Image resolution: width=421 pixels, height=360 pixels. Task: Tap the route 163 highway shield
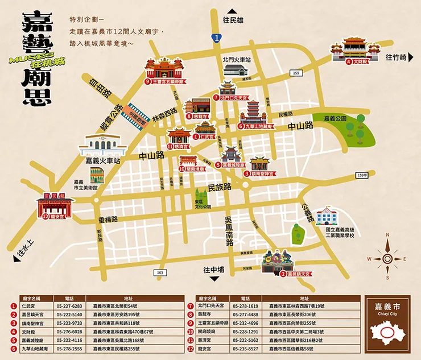click(x=161, y=273)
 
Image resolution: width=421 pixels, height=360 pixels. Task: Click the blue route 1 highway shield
click(x=217, y=38)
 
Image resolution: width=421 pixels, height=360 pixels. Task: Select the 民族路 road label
click(x=220, y=187)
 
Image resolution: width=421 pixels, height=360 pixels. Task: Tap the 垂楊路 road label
click(x=108, y=219)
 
